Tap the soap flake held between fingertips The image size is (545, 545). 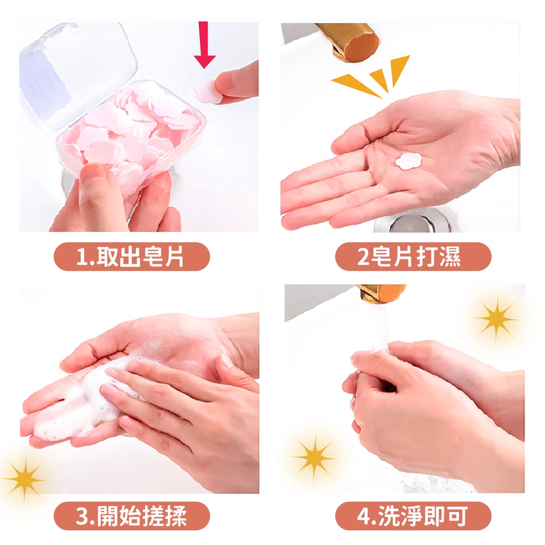click(x=207, y=91)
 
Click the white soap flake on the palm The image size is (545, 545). click(x=408, y=161)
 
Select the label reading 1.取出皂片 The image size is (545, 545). click(x=132, y=257)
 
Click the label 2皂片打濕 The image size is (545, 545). click(x=413, y=257)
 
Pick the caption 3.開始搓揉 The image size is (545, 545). click(x=132, y=516)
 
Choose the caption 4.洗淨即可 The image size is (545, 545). click(x=413, y=516)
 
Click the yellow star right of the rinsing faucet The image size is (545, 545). click(x=497, y=318)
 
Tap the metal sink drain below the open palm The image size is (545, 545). click(x=412, y=222)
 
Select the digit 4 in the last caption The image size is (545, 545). click(x=363, y=516)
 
